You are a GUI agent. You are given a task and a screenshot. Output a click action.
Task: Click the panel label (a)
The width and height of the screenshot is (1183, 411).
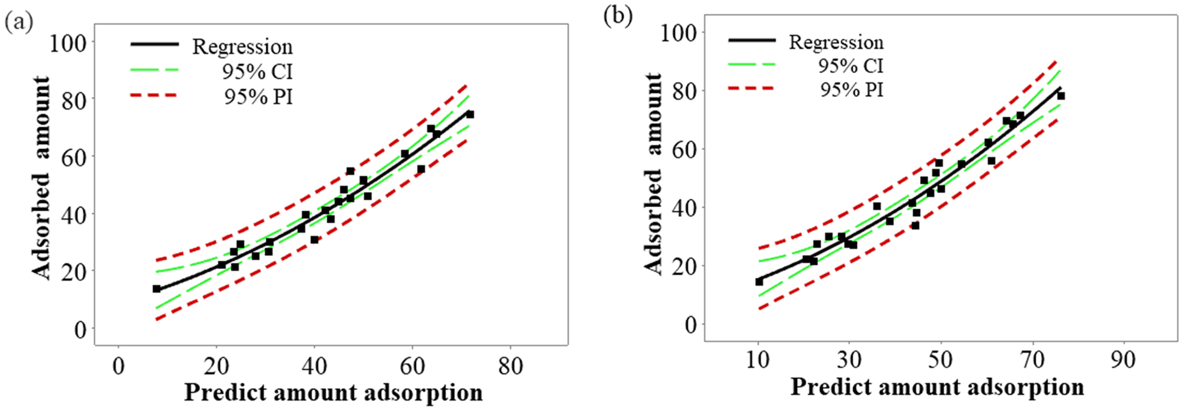click(x=18, y=23)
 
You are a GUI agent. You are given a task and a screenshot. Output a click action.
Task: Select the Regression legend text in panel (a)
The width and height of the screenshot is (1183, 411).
click(x=242, y=47)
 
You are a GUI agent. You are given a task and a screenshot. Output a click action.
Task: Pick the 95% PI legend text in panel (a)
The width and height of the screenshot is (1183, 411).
click(x=258, y=97)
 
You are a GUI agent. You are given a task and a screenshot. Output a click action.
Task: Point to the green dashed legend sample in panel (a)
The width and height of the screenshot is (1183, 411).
click(x=154, y=70)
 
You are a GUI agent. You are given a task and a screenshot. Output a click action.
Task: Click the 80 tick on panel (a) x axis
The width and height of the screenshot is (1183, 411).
click(x=510, y=366)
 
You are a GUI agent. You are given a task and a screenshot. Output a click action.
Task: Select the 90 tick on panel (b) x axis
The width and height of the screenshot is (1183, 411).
click(x=1123, y=360)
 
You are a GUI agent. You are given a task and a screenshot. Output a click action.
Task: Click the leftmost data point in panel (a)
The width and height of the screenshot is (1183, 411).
click(x=157, y=289)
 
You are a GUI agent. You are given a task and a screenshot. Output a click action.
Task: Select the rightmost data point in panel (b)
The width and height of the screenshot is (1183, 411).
click(x=1061, y=96)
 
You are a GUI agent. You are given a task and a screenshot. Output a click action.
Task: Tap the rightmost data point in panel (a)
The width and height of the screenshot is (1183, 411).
click(x=470, y=115)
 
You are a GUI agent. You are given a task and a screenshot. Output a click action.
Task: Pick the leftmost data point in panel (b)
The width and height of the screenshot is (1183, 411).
click(x=759, y=282)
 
